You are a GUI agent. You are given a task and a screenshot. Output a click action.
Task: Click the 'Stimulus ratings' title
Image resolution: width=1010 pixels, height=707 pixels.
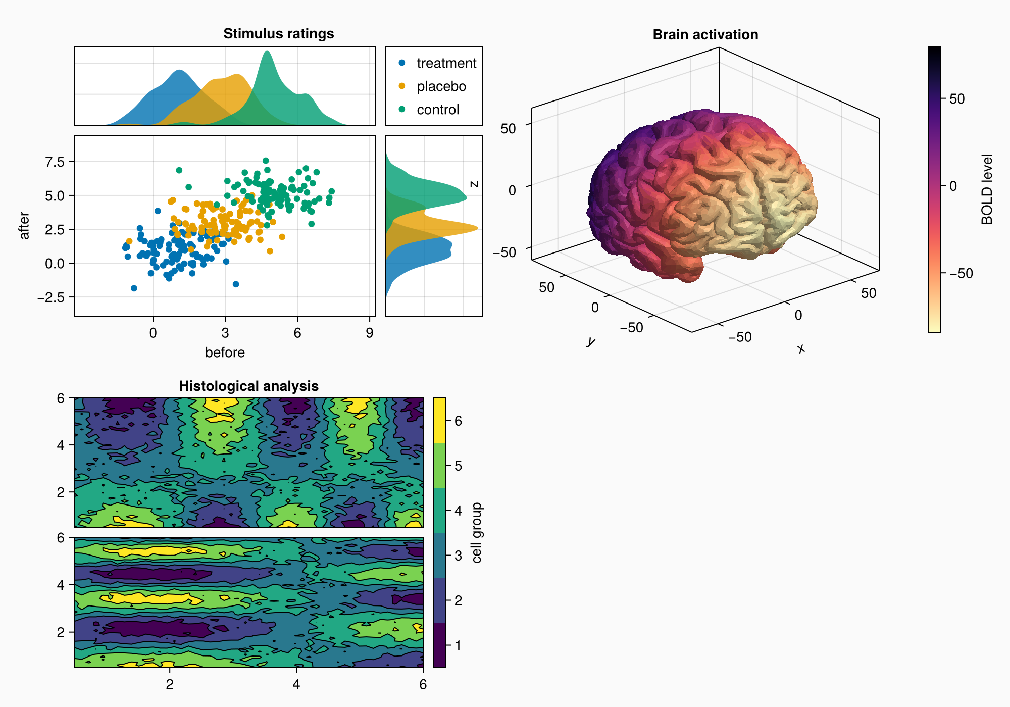click(x=278, y=34)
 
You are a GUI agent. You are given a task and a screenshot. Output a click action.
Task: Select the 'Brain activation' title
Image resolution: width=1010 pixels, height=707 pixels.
click(x=705, y=35)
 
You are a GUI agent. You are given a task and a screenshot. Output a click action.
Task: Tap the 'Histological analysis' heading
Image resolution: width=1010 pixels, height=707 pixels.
click(x=248, y=386)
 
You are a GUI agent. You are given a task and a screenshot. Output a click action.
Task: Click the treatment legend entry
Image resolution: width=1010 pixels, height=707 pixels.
click(x=437, y=63)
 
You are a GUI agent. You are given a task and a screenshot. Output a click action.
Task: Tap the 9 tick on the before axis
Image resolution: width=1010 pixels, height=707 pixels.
click(x=370, y=333)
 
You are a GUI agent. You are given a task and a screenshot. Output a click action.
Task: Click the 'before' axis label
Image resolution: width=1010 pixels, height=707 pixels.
click(x=225, y=352)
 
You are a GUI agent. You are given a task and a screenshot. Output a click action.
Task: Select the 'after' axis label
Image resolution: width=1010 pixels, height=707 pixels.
click(x=24, y=226)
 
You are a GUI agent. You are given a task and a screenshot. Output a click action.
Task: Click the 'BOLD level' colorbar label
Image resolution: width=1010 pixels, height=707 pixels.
click(x=987, y=189)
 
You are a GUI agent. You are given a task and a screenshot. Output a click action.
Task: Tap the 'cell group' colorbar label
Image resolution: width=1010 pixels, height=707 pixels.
click(x=476, y=533)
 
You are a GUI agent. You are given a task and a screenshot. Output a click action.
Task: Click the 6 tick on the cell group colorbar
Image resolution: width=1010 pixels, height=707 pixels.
click(x=458, y=421)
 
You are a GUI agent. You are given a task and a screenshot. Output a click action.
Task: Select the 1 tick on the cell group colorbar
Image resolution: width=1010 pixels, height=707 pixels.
click(x=458, y=645)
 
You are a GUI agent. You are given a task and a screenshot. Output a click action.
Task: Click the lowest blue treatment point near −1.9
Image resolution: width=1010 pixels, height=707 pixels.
click(x=134, y=288)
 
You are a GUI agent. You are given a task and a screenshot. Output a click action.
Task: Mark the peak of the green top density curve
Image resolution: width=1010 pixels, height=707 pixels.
click(x=267, y=51)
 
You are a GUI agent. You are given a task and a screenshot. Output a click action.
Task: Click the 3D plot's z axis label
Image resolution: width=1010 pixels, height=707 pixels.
click(x=474, y=184)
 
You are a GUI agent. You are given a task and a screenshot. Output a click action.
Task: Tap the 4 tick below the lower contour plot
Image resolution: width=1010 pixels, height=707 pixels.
click(x=296, y=684)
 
